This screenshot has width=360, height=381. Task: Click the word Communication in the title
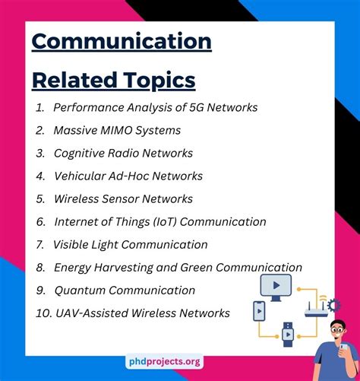click(x=122, y=41)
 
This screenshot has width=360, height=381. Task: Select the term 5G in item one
click(x=197, y=107)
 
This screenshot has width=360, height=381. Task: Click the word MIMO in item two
click(x=116, y=130)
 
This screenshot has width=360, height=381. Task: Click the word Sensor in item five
click(x=120, y=198)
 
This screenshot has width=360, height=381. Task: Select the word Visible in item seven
click(x=71, y=245)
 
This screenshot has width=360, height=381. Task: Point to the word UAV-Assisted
click(x=92, y=313)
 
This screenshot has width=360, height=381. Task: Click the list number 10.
click(x=44, y=313)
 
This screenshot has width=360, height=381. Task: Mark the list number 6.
click(x=41, y=222)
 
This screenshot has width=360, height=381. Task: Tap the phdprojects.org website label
click(x=165, y=361)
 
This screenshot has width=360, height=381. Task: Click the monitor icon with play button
click(x=276, y=287)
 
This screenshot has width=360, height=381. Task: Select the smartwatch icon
click(x=288, y=335)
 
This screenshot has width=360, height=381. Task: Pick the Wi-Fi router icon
click(x=316, y=308)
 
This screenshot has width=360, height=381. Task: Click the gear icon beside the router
click(x=333, y=305)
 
